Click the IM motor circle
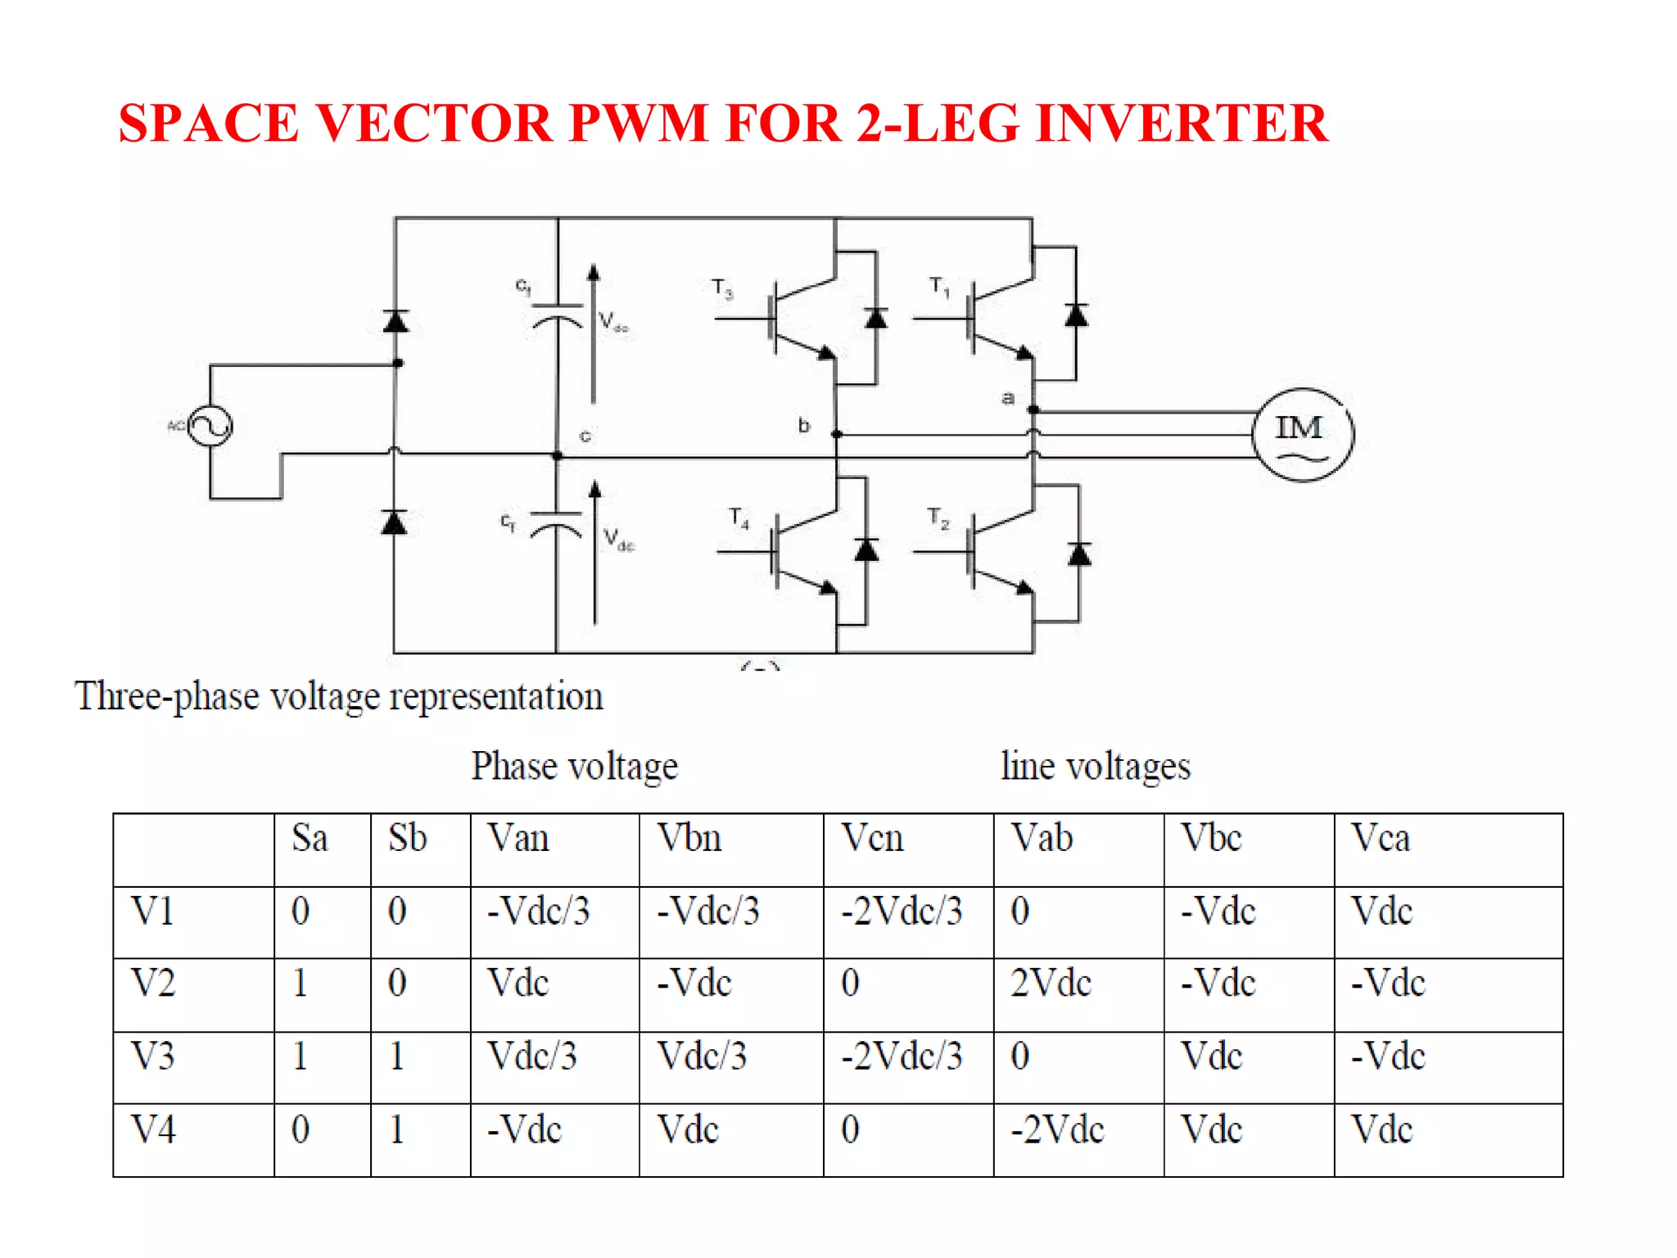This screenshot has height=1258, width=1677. [1302, 434]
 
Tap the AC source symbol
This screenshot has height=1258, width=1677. [210, 426]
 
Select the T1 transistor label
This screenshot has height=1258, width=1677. [939, 287]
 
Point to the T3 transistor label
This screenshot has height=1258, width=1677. [721, 288]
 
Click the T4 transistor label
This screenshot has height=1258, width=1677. [739, 518]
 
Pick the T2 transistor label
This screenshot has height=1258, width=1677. [938, 518]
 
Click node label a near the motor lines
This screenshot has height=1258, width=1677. [1008, 398]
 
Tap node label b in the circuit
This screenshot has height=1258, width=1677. [803, 425]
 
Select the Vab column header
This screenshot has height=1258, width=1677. [1042, 839]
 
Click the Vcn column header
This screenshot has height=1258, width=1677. [873, 839]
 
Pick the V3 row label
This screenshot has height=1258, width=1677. [153, 1057]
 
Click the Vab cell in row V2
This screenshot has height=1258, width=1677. [1051, 984]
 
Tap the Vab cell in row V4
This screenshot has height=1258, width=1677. [1057, 1130]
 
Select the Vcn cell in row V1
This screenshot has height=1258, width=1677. [902, 912]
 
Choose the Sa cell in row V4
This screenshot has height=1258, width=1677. [301, 1130]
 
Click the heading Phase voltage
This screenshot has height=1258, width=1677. [574, 767]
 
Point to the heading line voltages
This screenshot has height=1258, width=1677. [1095, 767]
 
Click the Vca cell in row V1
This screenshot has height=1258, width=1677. [1381, 912]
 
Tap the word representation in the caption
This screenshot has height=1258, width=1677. [496, 697]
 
